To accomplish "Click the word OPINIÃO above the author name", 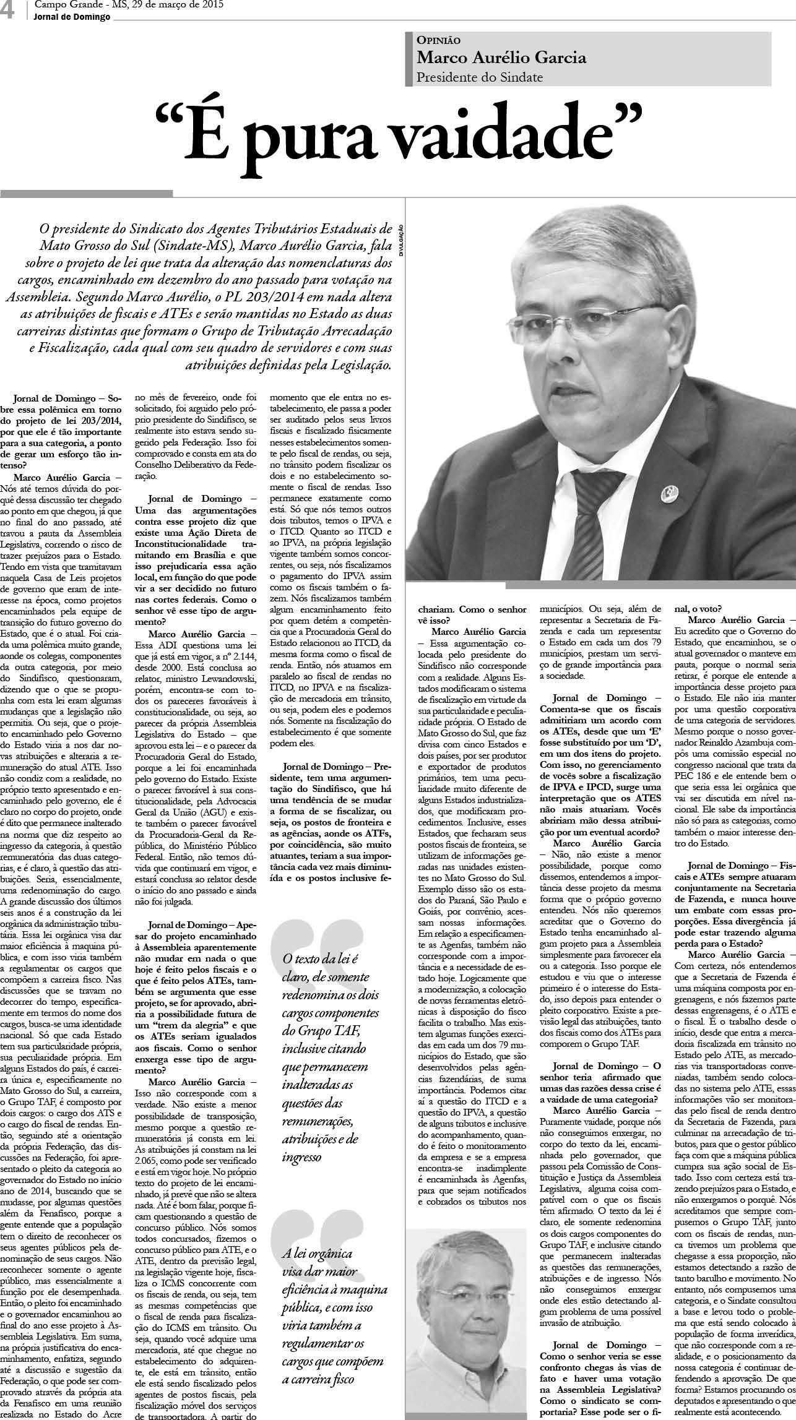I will [438, 40].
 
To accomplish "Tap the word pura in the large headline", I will [322, 139].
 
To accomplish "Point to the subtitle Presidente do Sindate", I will [480, 77].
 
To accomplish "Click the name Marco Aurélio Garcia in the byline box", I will [501, 58].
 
